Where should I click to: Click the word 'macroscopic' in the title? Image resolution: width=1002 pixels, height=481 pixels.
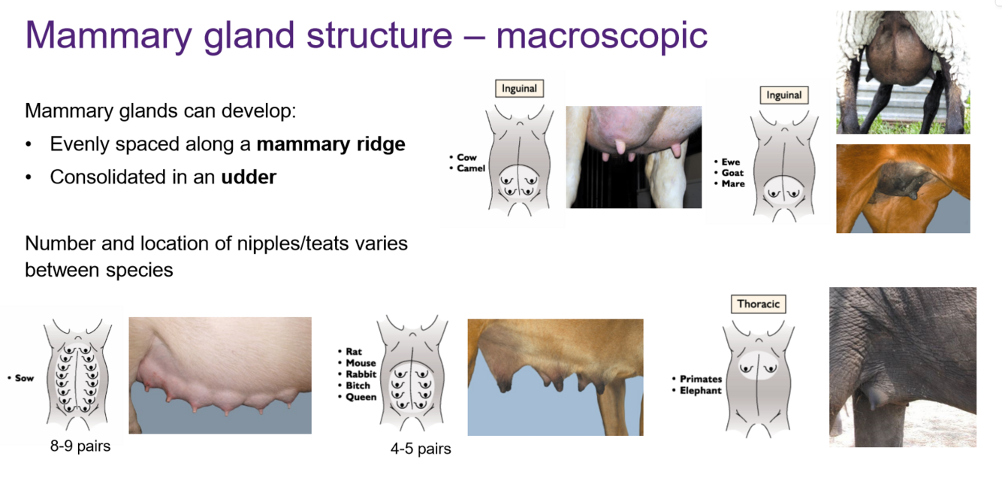click(x=602, y=35)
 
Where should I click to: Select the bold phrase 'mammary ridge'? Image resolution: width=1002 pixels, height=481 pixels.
click(x=330, y=144)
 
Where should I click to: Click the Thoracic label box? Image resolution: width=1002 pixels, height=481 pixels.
click(x=758, y=304)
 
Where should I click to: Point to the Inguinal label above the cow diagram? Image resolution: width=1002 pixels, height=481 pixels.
click(x=519, y=89)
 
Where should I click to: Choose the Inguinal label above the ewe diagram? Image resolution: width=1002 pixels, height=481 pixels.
click(x=783, y=95)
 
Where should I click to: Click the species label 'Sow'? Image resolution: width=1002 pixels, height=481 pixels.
click(x=24, y=378)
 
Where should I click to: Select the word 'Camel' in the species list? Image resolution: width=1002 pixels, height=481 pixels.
click(x=471, y=168)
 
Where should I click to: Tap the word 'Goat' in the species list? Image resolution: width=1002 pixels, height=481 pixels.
click(x=732, y=173)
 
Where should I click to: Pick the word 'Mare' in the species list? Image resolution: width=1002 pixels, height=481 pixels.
click(x=732, y=183)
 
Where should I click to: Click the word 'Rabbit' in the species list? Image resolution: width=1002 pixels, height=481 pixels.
click(x=361, y=374)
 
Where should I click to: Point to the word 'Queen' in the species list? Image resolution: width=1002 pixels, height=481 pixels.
click(x=361, y=397)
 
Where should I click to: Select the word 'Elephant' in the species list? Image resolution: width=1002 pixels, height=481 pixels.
click(x=700, y=391)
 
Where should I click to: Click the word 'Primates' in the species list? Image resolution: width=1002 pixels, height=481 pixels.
click(x=700, y=380)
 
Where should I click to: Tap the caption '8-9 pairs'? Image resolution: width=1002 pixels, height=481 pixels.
click(x=80, y=446)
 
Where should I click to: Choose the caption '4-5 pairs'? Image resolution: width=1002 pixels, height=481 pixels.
click(x=421, y=449)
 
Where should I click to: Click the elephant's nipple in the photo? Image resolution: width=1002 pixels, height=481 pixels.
click(x=876, y=395)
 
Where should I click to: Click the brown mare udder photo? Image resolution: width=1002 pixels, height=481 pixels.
click(x=903, y=188)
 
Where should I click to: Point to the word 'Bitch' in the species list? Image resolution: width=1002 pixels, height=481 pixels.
click(x=358, y=386)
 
